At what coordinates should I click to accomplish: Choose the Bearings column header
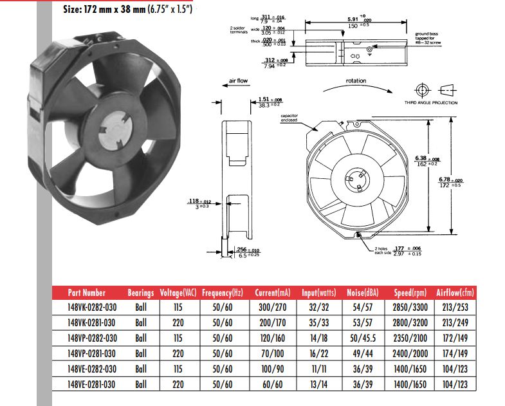(141, 292)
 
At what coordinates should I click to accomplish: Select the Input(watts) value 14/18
(317, 338)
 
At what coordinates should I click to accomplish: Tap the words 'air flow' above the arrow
(237, 82)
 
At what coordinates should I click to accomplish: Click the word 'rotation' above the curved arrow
(356, 81)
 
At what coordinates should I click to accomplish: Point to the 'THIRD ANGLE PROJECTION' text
(431, 103)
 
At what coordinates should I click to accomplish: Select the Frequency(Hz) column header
(221, 292)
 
